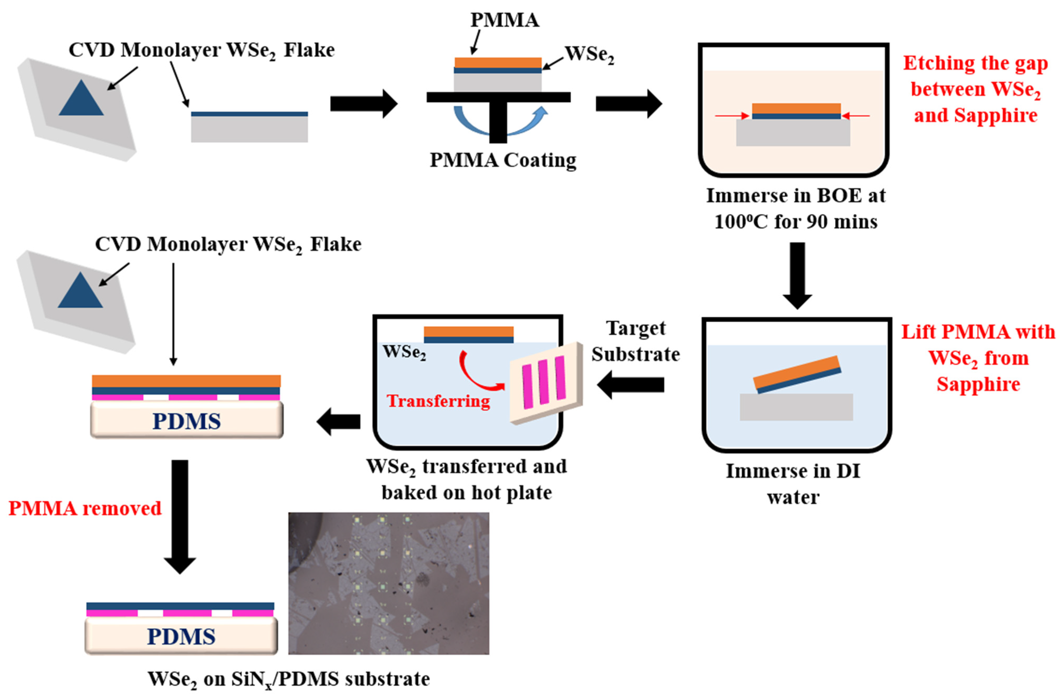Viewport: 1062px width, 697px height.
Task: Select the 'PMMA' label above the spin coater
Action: (505, 20)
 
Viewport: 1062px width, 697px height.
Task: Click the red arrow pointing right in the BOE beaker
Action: (732, 116)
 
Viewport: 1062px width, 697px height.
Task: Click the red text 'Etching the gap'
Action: (975, 63)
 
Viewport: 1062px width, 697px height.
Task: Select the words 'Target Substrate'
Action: (635, 341)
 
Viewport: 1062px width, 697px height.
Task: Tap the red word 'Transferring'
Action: (438, 401)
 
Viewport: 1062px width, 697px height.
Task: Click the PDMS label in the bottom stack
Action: (181, 636)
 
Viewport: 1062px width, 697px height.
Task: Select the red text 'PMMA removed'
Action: (85, 508)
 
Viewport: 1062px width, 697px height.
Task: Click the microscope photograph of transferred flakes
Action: (388, 583)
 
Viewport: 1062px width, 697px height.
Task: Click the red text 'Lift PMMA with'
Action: (978, 332)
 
